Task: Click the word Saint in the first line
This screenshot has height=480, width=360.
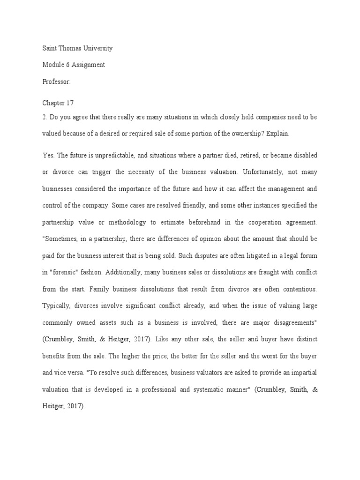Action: pos(50,48)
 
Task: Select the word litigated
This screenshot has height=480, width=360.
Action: pos(218,255)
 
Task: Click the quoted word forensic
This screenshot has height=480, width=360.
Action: pos(65,272)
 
